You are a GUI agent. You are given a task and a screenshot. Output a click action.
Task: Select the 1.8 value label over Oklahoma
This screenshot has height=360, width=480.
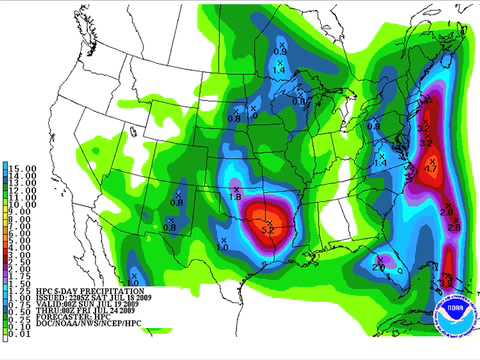pyautogui.click(x=237, y=196)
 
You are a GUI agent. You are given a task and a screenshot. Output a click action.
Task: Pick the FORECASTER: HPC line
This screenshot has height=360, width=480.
pyautogui.click(x=60, y=322)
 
